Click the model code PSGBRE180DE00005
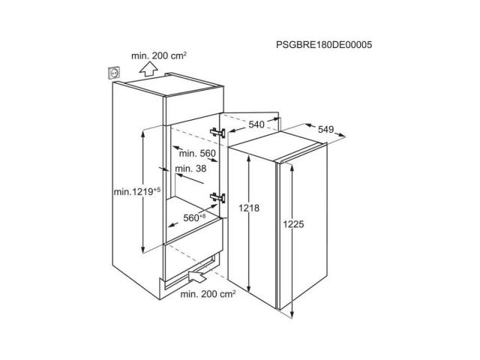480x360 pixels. (x=324, y=45)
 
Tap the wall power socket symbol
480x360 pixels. (x=115, y=73)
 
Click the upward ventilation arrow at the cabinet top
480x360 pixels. (x=148, y=68)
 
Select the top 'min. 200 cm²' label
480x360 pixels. (x=159, y=55)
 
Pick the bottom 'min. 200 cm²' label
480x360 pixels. (x=208, y=294)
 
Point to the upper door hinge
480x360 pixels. (x=217, y=133)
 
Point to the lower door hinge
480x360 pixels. (x=217, y=198)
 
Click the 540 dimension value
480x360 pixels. (x=256, y=124)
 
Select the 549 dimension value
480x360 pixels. (x=325, y=130)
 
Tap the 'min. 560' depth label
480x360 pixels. (x=197, y=153)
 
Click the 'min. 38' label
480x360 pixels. (x=190, y=168)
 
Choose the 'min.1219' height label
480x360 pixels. (x=137, y=192)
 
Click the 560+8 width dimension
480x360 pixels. (x=194, y=217)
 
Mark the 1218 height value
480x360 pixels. (x=249, y=208)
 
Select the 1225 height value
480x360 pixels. (x=293, y=224)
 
